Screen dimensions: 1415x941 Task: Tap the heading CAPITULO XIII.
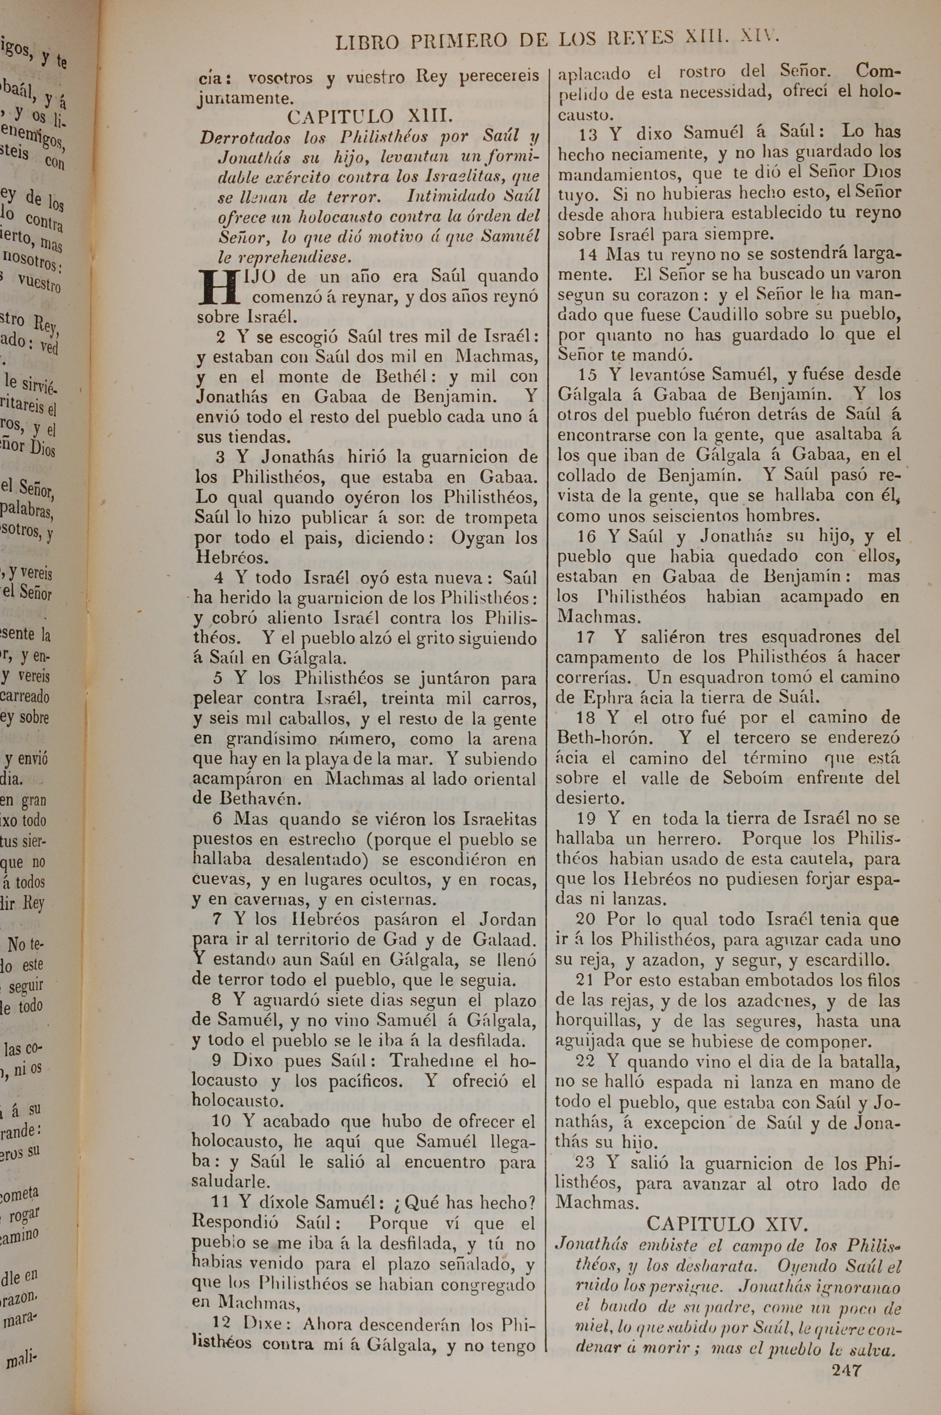[x=366, y=116]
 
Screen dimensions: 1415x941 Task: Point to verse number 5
[x=217, y=678]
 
